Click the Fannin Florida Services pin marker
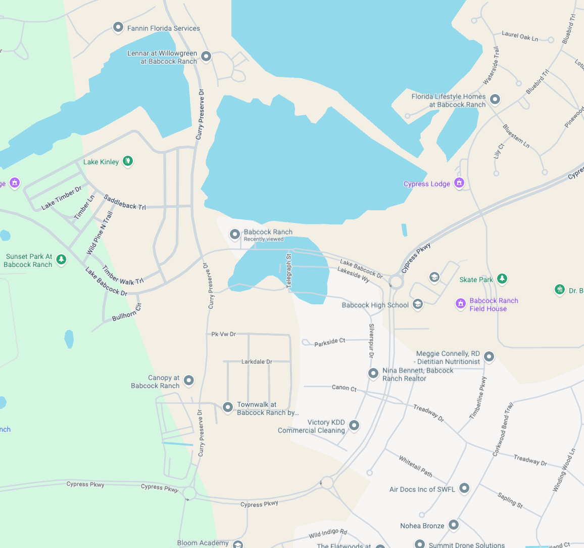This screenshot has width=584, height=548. coord(118,27)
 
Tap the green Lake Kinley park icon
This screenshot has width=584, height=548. coord(128,161)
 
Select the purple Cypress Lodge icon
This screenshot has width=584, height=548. coord(459,182)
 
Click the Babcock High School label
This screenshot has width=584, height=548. coord(375,305)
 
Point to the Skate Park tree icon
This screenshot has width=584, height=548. coord(502,279)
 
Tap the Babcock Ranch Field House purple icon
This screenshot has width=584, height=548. coord(460,303)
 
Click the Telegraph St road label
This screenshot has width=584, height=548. coord(289,271)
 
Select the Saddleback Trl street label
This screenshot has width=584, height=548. coord(125,202)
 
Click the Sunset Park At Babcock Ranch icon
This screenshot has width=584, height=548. coord(61,260)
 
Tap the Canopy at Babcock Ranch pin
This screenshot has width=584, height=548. coord(189,380)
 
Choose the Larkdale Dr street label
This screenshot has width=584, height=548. coord(257,361)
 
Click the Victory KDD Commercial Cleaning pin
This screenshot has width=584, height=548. coord(354,425)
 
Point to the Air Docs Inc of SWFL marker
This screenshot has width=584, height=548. coord(464,488)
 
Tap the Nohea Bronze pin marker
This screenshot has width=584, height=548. coord(454,525)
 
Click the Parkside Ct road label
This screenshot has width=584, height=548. coord(329,343)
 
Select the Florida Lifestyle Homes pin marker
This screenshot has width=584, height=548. coord(495,100)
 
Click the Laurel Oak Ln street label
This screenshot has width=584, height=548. coord(519,36)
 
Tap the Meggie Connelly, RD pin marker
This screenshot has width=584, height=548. coord(489,357)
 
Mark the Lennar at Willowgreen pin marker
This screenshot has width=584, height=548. coord(206,56)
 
